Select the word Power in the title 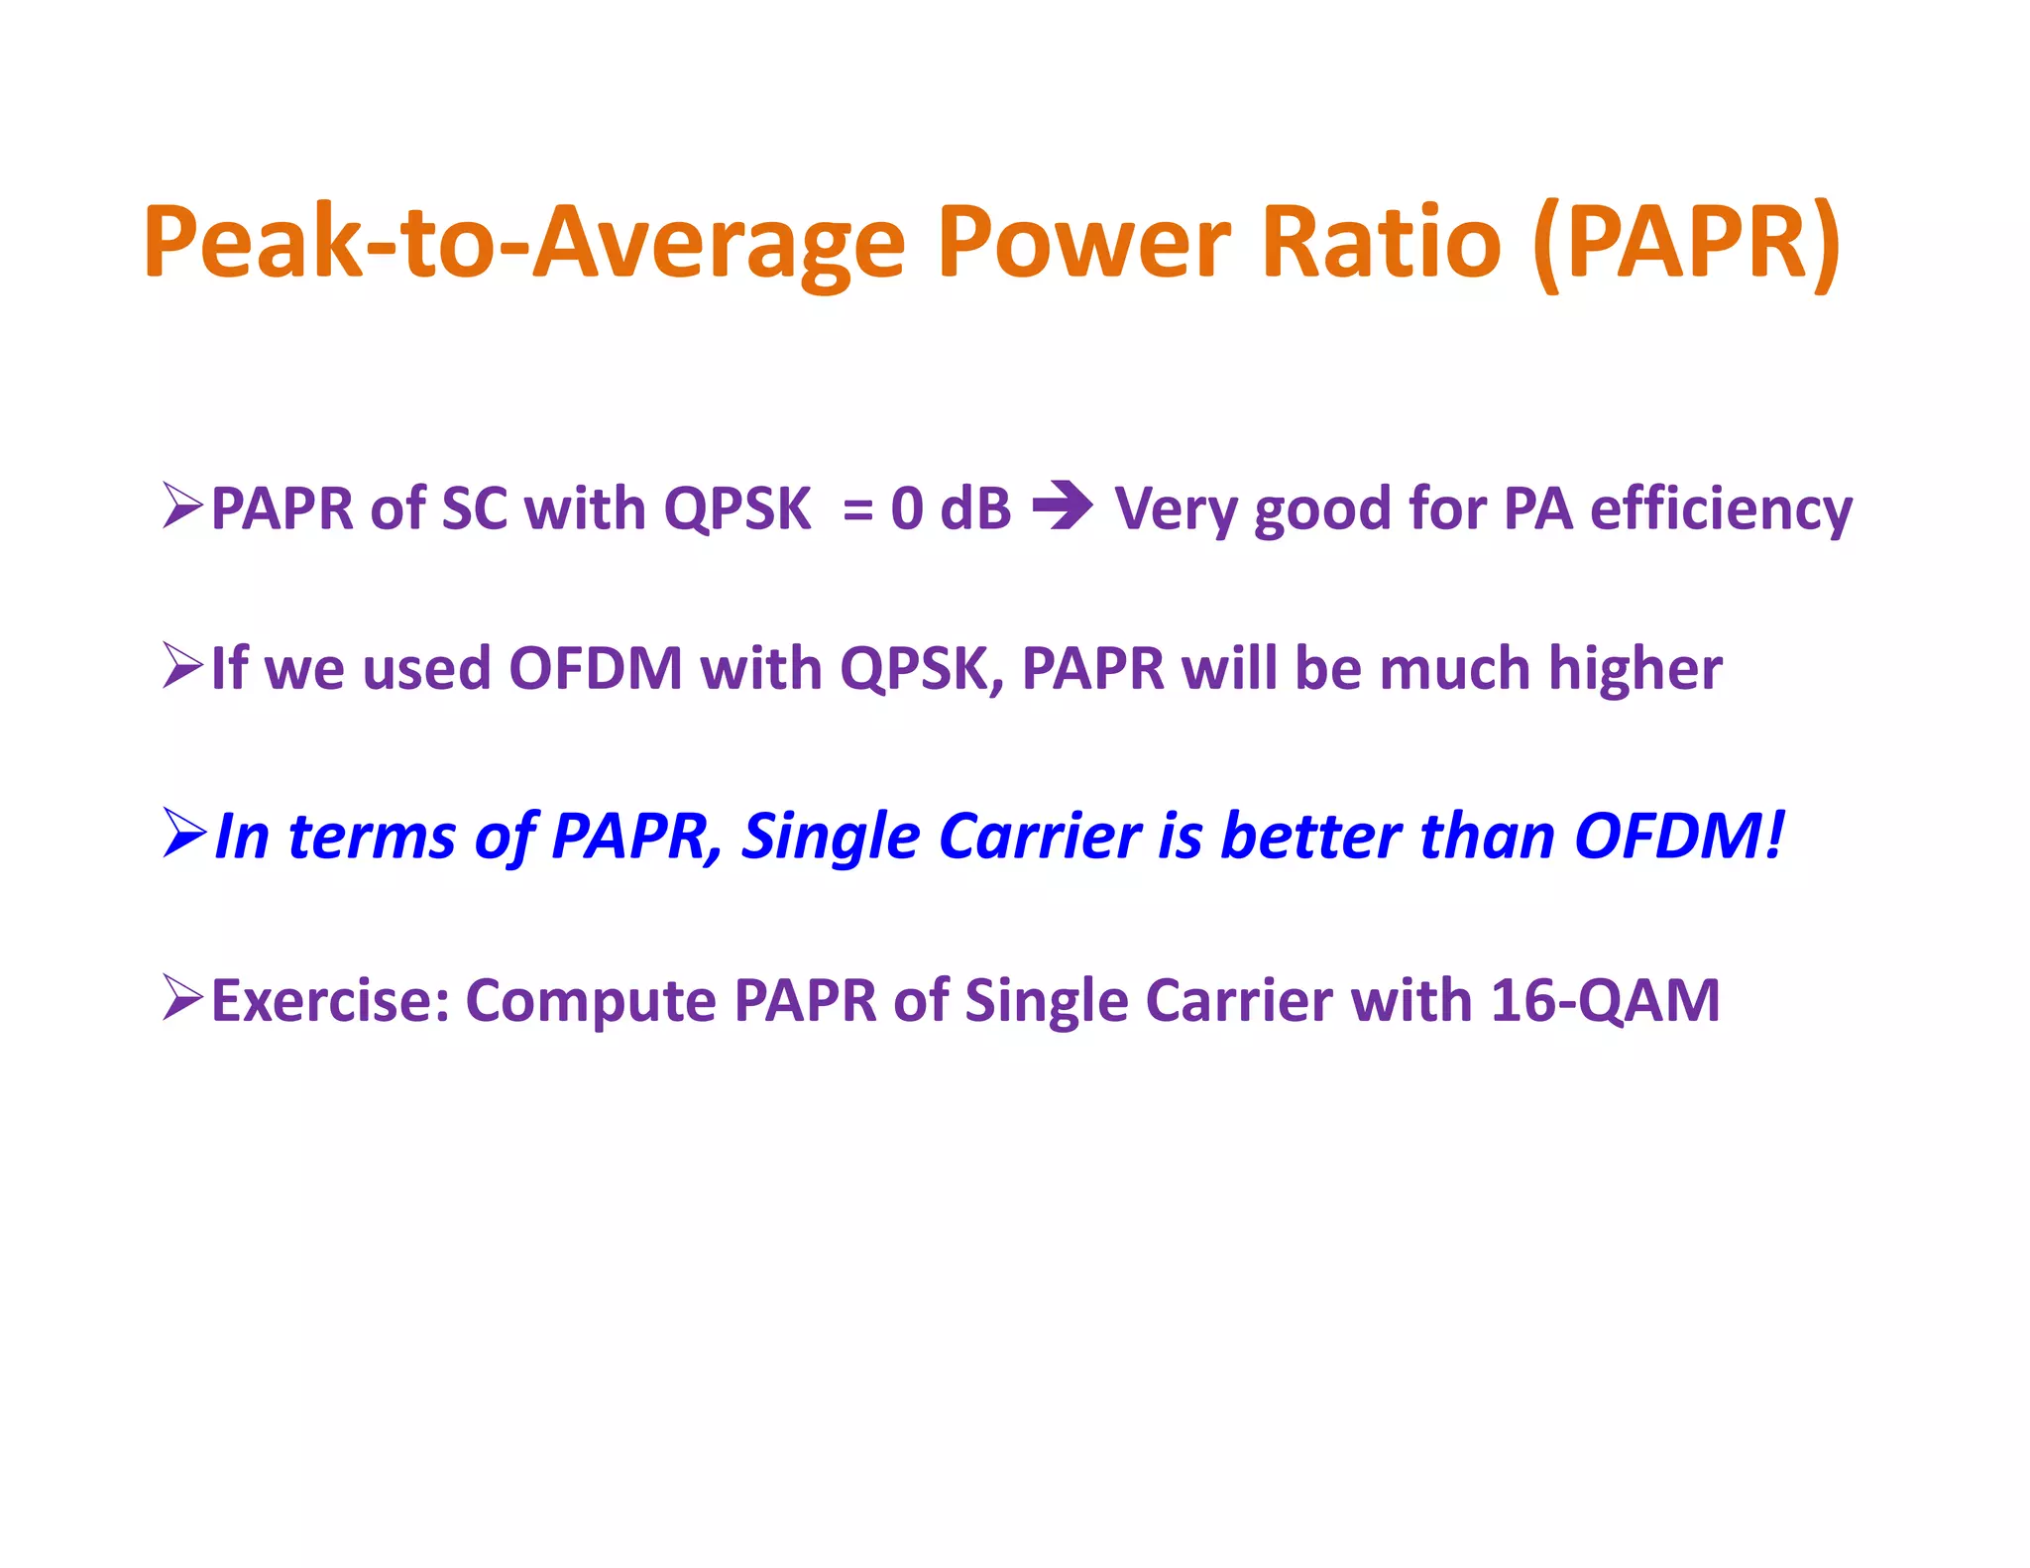click(1084, 243)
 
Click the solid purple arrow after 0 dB click(1063, 506)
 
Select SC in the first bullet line click(474, 509)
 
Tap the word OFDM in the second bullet click(596, 668)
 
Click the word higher click(1635, 669)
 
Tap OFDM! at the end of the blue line click(1679, 836)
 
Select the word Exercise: click(331, 1000)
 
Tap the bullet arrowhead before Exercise click(183, 997)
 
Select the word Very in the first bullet click(1176, 509)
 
